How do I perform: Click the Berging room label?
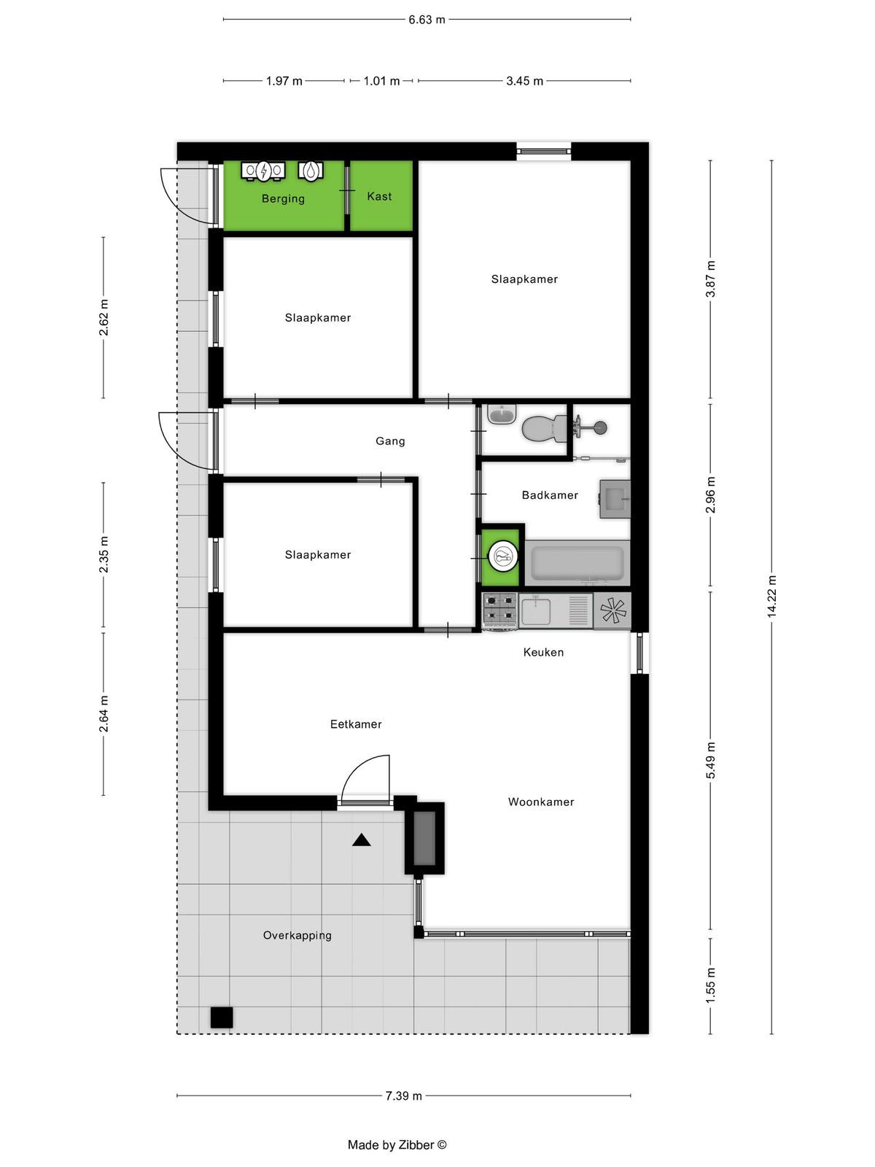283,199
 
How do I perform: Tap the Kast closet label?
379,197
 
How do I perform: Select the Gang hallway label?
390,441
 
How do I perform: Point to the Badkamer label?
550,495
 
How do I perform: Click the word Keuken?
543,652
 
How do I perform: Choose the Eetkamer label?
356,724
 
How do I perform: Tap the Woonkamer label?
541,802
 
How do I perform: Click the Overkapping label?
297,936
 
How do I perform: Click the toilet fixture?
544,427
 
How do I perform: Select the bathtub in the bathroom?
577,563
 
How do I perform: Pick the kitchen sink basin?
535,611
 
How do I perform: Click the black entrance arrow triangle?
361,840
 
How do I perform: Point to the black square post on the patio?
222,1017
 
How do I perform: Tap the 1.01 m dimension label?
381,82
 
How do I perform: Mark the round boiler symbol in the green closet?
502,557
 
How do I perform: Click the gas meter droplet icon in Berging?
311,171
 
